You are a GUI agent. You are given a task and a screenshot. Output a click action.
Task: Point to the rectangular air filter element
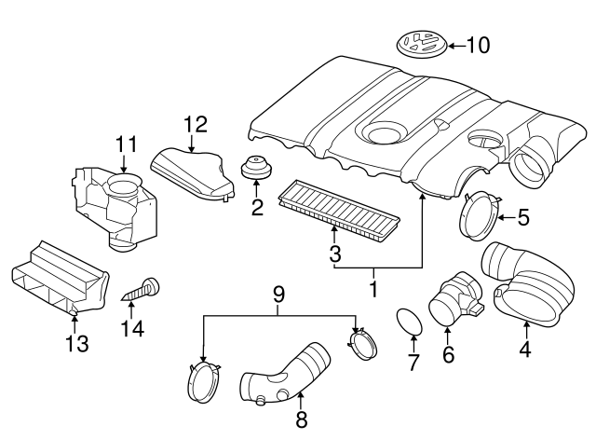341,209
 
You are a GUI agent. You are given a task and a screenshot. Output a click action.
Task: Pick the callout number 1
373,290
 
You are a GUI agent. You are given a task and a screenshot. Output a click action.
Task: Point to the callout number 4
526,350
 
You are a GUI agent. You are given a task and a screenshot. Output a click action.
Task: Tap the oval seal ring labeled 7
408,322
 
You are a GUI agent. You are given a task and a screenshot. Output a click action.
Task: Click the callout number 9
278,295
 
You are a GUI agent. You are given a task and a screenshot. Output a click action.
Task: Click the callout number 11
127,144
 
